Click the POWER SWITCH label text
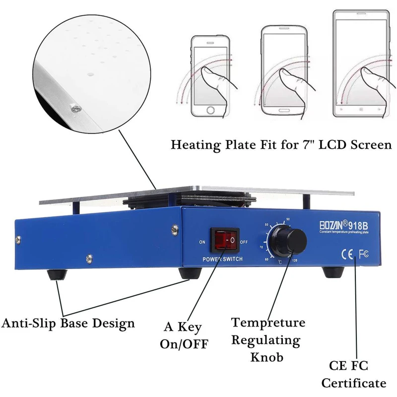pos(223,260)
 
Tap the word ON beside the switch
pos(202,242)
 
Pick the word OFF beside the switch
pos(245,242)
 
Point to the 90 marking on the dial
pos(288,219)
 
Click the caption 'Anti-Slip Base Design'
pos(68,324)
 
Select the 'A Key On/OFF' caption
pos(184,335)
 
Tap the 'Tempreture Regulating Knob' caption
pos(268,340)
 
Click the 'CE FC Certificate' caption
pos(354,374)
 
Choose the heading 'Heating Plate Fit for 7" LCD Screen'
pos(281,145)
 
